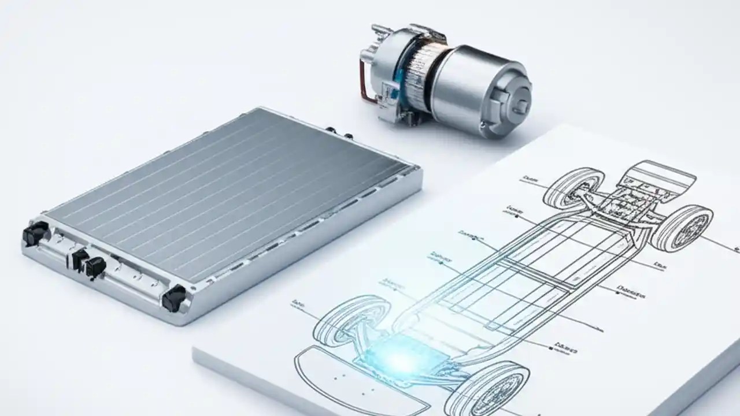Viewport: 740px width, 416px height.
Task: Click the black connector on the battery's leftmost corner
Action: [x=35, y=233]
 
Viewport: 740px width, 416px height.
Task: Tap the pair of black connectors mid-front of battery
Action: [x=88, y=263]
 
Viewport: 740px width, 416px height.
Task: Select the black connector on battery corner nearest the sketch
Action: [x=173, y=299]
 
